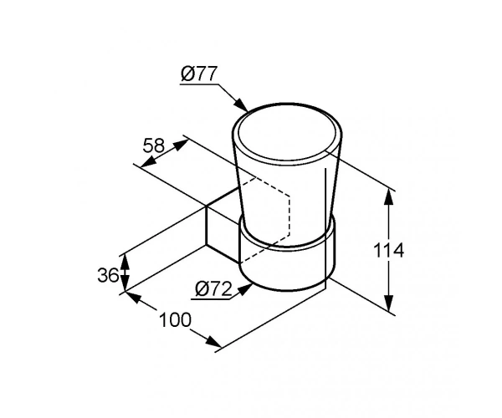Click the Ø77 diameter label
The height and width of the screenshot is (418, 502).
coord(199,74)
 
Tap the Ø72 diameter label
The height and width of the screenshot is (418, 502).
coord(213,289)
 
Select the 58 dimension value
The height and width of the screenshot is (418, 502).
coord(153,145)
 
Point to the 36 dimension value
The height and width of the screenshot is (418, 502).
coord(109,275)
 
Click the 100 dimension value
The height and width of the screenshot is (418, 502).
coord(175,320)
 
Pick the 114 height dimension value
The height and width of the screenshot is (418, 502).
coord(389,251)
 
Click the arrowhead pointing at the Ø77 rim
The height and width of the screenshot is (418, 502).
coord(242,104)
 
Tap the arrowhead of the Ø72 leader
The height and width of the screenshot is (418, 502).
coord(245,288)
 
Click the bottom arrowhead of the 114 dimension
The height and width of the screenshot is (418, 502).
coord(388,303)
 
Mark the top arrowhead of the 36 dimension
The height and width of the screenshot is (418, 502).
coord(125,263)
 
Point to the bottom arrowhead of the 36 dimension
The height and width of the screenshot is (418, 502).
coord(125,283)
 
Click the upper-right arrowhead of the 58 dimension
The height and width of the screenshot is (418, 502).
coord(180,145)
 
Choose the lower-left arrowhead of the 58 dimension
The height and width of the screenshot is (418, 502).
coord(148,162)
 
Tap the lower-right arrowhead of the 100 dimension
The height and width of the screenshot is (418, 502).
coord(213,342)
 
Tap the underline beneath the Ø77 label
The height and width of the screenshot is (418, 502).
coord(199,84)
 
